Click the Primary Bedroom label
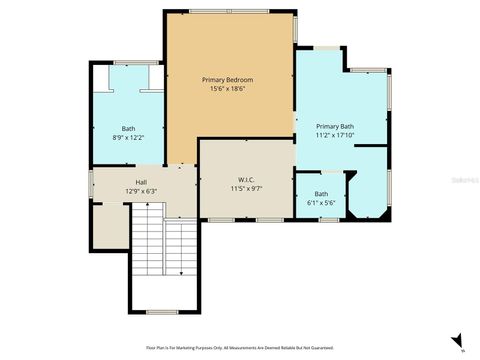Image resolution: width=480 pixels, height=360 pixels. [x=227, y=79]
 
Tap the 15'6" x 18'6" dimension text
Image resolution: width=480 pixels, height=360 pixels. [x=227, y=89]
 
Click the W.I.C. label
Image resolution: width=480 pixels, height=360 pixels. [x=245, y=178]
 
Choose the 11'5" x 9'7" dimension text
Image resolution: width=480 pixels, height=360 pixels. [x=245, y=188]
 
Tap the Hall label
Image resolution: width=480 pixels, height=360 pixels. [x=141, y=181]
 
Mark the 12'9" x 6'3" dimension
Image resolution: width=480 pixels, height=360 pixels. [x=141, y=191]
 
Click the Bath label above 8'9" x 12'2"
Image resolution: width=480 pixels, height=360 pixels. [x=128, y=128]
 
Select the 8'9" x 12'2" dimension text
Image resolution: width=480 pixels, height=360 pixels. [x=128, y=138]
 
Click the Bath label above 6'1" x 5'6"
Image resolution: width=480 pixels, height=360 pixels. [x=321, y=193]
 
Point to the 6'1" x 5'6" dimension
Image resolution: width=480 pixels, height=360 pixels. [x=321, y=203]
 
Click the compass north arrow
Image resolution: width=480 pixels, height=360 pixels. [x=457, y=341]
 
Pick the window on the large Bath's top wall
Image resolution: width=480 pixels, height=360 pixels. [x=126, y=62]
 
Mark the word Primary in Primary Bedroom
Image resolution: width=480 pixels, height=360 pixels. [x=213, y=79]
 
